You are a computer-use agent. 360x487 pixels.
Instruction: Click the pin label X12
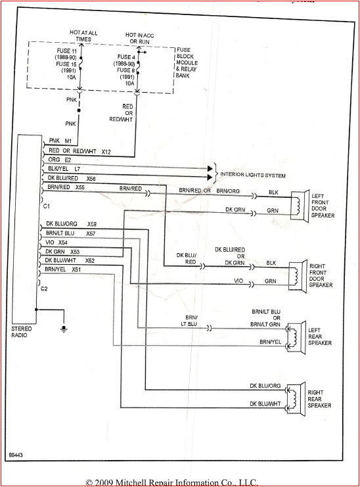click(107, 151)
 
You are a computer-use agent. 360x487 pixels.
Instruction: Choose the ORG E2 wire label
click(60, 160)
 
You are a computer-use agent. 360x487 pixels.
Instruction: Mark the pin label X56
click(91, 178)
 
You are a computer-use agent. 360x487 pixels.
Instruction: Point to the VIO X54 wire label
click(57, 243)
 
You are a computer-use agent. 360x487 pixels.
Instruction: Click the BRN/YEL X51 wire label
click(64, 269)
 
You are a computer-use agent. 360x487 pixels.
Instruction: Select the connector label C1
click(46, 206)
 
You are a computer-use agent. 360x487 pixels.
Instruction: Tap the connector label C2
click(45, 289)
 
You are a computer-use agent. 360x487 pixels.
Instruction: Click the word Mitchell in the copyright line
click(146, 482)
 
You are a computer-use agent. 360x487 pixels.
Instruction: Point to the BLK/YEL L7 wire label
click(64, 169)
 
